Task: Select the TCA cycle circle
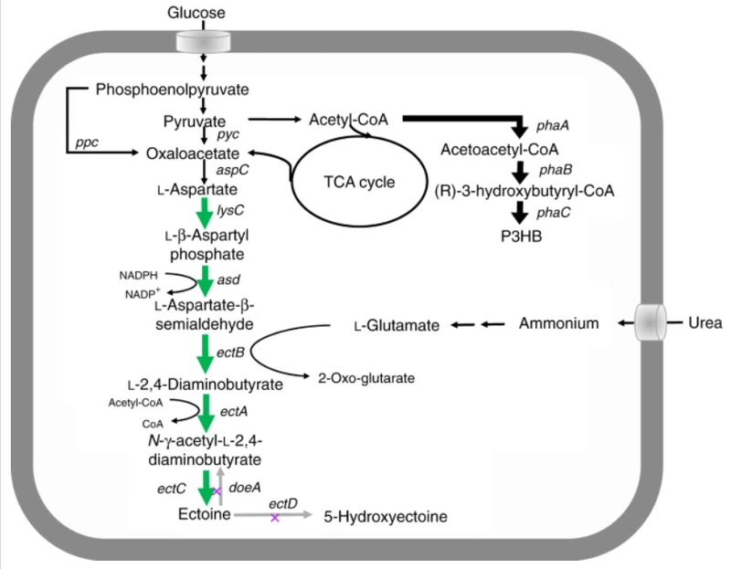tap(357, 180)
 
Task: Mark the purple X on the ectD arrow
tap(274, 518)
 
